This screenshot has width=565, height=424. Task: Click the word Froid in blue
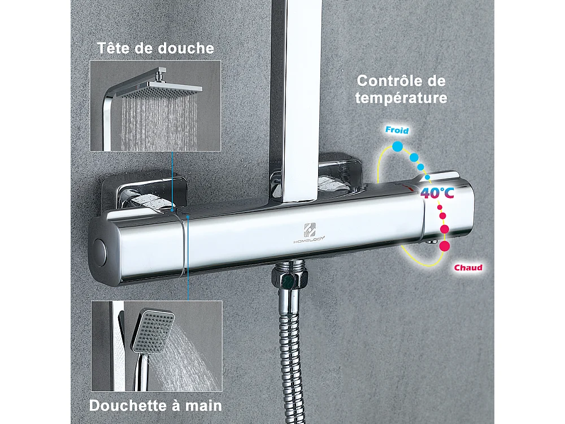tap(397, 130)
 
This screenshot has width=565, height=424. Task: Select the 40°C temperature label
tap(437, 193)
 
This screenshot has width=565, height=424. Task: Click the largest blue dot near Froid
tap(398, 147)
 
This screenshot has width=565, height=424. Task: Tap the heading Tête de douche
tap(155, 48)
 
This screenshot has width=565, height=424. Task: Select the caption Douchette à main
tap(155, 405)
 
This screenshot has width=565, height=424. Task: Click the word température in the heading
tap(401, 98)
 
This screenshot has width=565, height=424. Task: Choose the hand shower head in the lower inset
tap(151, 328)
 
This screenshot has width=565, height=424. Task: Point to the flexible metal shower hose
tap(294, 351)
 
